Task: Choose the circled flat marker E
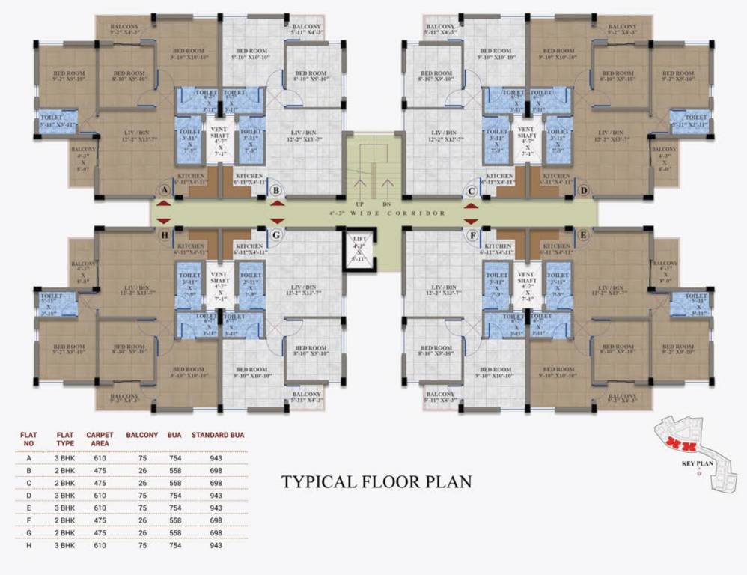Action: tap(584, 235)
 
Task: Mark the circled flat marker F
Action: tap(472, 235)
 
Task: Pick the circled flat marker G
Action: tap(276, 235)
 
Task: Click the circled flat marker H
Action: tap(164, 235)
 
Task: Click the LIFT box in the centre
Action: tap(358, 250)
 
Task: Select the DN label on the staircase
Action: tap(386, 204)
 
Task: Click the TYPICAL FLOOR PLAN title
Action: tap(376, 481)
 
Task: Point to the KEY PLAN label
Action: tap(697, 463)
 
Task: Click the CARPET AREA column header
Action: tap(100, 439)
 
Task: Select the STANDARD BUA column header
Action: tap(218, 434)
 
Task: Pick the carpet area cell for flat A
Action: tap(100, 458)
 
